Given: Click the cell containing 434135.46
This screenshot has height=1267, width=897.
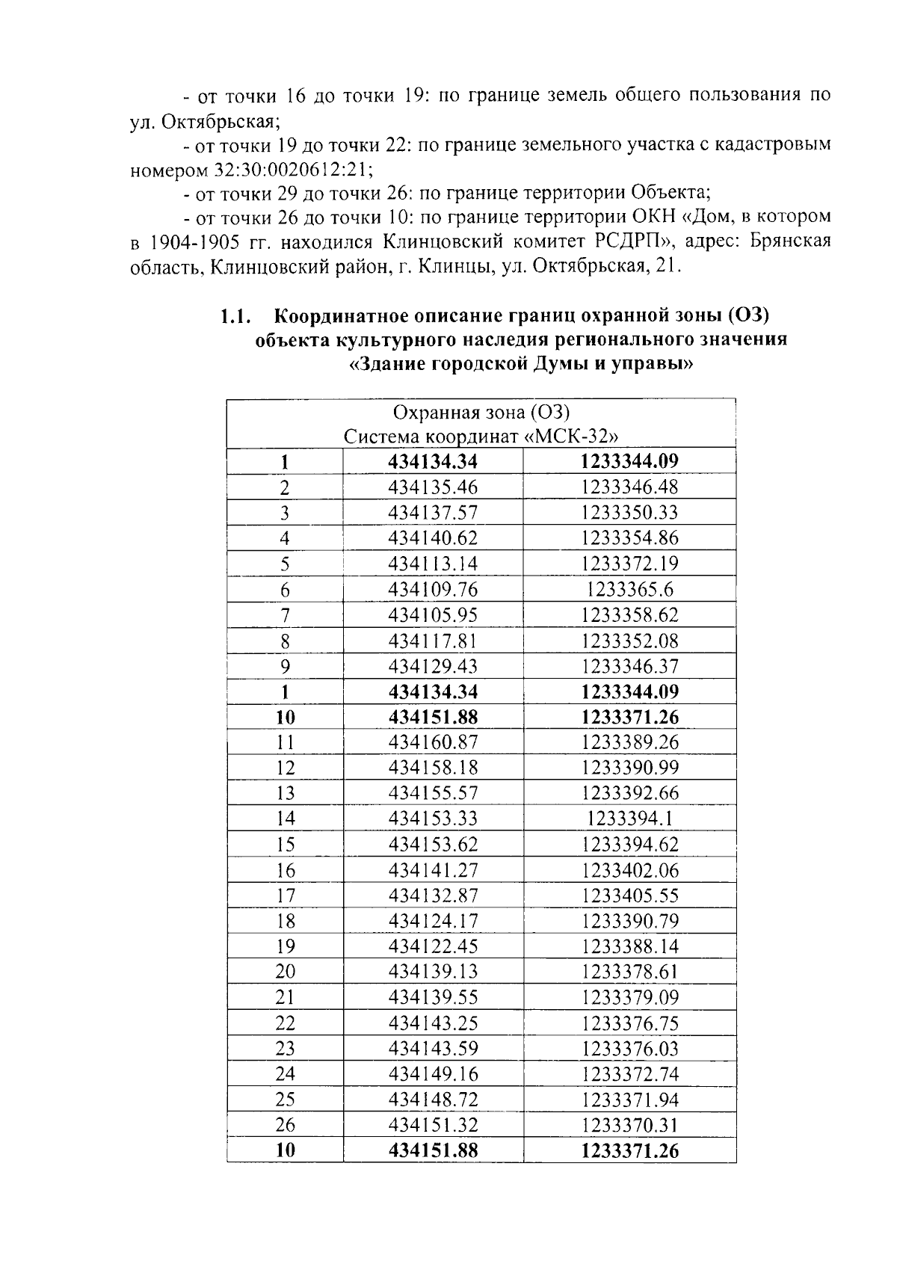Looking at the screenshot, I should tap(433, 487).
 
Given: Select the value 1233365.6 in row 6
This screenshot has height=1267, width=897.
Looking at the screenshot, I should tap(629, 590).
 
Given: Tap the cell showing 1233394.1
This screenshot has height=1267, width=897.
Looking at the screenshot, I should tap(629, 819).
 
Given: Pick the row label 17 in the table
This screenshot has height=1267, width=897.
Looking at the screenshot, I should tap(285, 895).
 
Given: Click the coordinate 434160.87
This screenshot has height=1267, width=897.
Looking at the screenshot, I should tap(433, 742).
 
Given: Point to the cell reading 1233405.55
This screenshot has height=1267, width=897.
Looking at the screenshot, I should tap(629, 895).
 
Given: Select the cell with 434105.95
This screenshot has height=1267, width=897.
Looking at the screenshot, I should tap(433, 615).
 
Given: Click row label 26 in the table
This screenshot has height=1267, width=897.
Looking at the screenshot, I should tap(285, 1125).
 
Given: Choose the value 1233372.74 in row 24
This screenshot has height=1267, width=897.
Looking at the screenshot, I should tap(629, 1074).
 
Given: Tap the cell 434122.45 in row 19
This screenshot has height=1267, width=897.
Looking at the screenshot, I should tap(433, 946).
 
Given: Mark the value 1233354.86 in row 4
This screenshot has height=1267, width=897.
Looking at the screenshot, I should tap(629, 538).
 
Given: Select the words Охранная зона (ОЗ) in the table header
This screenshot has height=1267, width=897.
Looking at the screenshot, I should tap(481, 413).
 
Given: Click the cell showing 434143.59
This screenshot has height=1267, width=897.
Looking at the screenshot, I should tap(433, 1048).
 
